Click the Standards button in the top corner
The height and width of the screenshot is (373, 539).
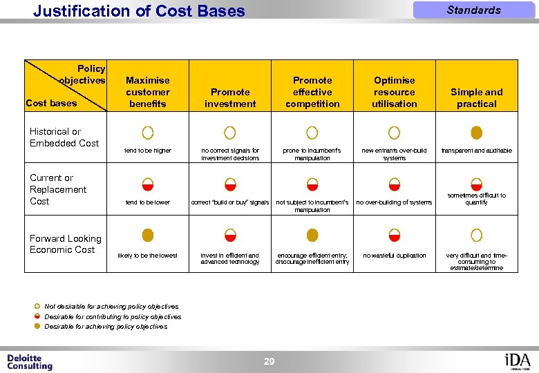[x=473, y=10]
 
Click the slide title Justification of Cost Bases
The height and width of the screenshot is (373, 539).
[x=139, y=11]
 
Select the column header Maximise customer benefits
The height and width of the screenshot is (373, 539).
[x=147, y=92]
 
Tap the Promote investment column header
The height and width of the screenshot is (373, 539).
[x=230, y=97]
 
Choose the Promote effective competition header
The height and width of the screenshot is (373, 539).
[x=312, y=92]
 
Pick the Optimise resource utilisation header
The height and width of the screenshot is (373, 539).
[x=395, y=92]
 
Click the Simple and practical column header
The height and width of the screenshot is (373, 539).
[x=476, y=97]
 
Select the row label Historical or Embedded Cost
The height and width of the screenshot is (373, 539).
[x=64, y=137]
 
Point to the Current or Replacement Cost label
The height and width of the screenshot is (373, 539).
[x=58, y=189]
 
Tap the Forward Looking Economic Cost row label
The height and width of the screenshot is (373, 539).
[x=65, y=244]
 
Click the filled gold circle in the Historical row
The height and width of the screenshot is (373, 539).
[x=476, y=132]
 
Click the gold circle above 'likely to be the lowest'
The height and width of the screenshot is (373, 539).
[x=148, y=236]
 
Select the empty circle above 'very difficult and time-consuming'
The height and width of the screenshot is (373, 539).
[x=476, y=236]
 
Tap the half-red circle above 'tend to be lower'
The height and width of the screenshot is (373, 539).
[x=148, y=184]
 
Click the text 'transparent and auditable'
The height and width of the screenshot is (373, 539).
[x=476, y=150]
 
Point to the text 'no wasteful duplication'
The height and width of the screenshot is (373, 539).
[x=395, y=256]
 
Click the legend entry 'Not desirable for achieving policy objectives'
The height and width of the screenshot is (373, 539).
[x=111, y=306]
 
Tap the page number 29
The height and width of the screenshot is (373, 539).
[x=269, y=361]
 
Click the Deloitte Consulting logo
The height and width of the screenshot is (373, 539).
[x=30, y=362]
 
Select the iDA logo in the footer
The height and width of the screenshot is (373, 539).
[x=518, y=361]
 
